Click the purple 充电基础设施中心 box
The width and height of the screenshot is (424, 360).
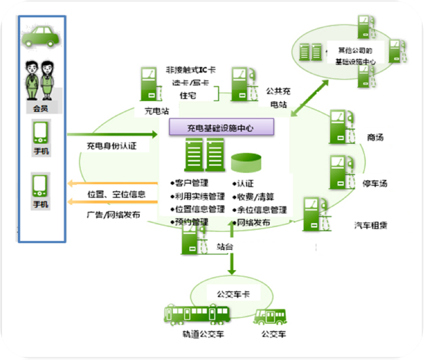tap(222, 127)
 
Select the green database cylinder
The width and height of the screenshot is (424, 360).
tap(246, 162)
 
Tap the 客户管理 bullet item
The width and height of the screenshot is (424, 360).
tap(191, 183)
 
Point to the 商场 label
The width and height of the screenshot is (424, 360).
tap(375, 137)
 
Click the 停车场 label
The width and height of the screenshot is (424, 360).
tap(375, 183)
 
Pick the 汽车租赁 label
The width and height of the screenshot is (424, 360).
tap(371, 224)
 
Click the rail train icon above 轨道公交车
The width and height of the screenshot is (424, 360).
tap(197, 314)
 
